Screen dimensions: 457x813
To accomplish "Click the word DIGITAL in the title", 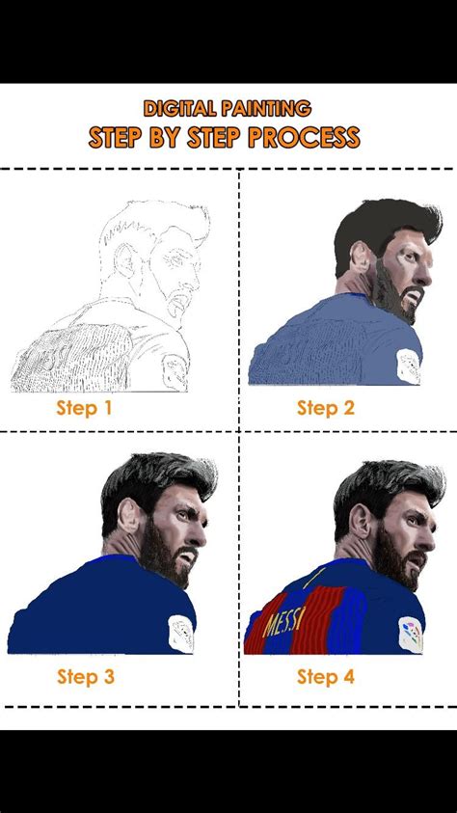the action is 180,108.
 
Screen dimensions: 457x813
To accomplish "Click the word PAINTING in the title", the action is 266,108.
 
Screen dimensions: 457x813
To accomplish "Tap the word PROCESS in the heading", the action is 304,137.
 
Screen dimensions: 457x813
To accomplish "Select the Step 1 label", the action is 84,408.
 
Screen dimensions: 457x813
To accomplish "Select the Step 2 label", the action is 326,408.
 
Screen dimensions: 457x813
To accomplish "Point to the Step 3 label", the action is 86,677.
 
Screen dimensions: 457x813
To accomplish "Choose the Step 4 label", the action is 326,677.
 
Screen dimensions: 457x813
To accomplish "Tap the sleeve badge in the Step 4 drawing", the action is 411,635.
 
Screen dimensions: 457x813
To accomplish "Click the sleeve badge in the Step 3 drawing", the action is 181,633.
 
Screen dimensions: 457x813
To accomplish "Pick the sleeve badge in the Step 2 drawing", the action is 410,366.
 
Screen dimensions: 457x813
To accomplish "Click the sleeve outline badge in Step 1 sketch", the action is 175,371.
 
